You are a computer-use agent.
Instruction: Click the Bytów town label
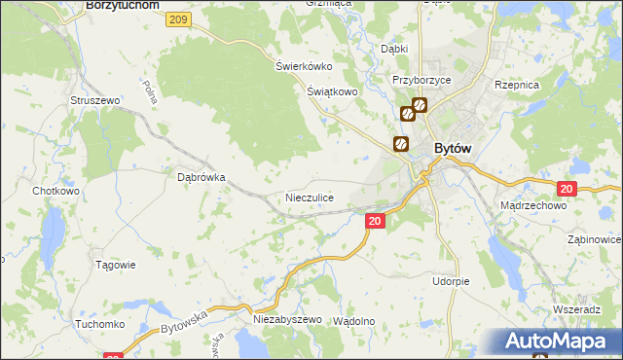(453, 147)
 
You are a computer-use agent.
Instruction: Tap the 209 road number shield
(176, 19)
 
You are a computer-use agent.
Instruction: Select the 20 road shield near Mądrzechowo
(568, 189)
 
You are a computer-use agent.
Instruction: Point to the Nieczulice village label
(310, 198)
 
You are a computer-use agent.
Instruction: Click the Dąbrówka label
(202, 178)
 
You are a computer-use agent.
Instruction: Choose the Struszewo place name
(94, 100)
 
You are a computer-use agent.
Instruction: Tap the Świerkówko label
(304, 66)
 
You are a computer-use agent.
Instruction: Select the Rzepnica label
(517, 86)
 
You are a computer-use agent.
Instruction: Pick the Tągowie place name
(115, 265)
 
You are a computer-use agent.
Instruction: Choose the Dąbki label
(394, 48)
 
